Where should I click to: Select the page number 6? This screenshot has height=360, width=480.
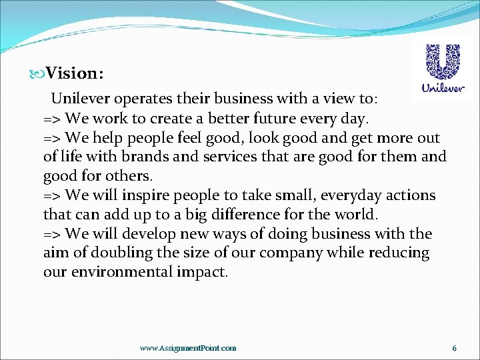(454, 348)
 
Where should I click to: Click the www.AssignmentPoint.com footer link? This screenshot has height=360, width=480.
(187, 348)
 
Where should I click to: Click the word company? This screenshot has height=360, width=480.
(289, 253)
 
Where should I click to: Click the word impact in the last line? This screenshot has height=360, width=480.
(203, 273)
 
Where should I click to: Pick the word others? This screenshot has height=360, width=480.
(130, 177)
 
